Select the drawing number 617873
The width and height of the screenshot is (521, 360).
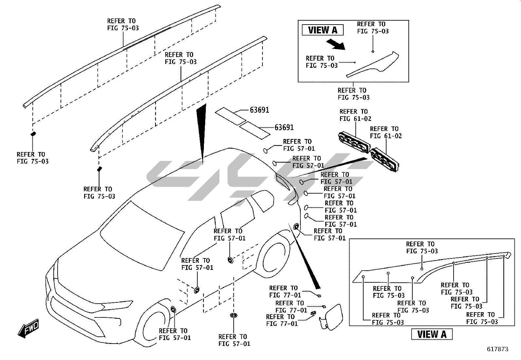tap(497, 349)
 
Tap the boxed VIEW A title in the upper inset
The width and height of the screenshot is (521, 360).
tap(322, 30)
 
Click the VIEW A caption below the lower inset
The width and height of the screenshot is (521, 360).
tap(432, 334)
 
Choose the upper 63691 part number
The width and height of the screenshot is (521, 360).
tap(259, 110)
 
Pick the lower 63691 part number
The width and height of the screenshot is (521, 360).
tap(284, 127)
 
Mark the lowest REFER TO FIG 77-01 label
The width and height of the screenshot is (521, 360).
tap(282, 320)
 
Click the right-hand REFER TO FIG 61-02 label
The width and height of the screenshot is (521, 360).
tap(386, 132)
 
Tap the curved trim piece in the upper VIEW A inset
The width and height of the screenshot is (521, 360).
tap(376, 64)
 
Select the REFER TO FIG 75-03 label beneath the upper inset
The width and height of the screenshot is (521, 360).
tap(353, 94)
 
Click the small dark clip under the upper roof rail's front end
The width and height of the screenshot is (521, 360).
tap(33, 134)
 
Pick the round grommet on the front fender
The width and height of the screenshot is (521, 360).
tap(173, 309)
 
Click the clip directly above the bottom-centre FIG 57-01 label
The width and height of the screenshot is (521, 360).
tap(234, 316)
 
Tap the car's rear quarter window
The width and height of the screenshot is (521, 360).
tap(262, 200)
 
